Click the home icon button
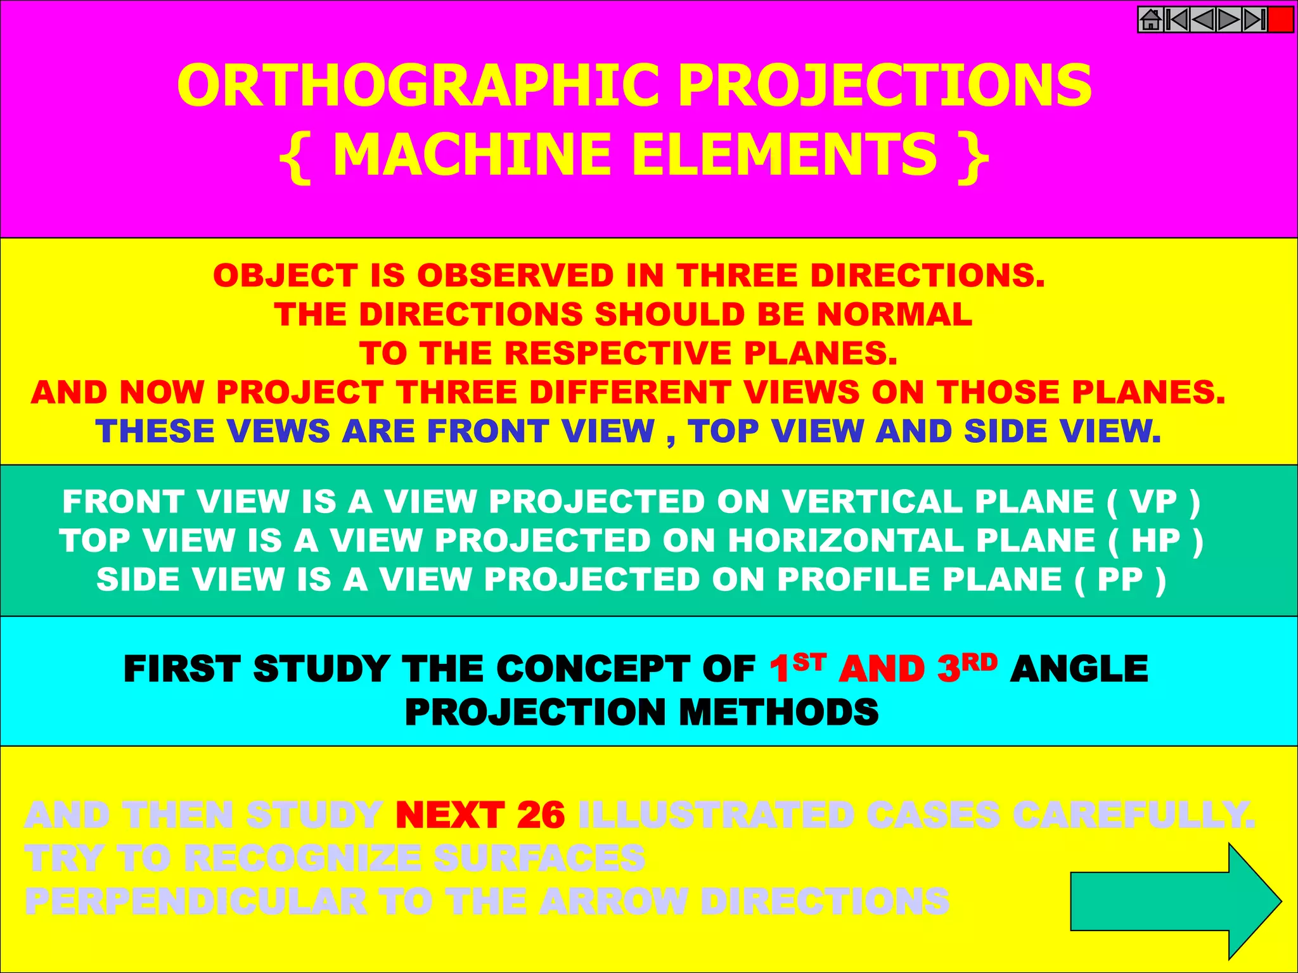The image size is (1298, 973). click(x=1151, y=20)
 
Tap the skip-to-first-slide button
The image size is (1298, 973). click(x=1177, y=20)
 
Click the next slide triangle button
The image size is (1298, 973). click(x=1229, y=20)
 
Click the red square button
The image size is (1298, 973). click(x=1281, y=20)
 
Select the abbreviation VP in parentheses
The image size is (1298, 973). click(x=1153, y=502)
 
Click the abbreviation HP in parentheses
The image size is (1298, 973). click(x=1156, y=541)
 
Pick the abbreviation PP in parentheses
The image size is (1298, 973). click(x=1121, y=580)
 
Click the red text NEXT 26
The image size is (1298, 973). click(x=480, y=815)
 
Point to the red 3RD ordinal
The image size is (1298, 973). click(x=967, y=668)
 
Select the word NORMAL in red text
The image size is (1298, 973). click(x=894, y=314)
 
